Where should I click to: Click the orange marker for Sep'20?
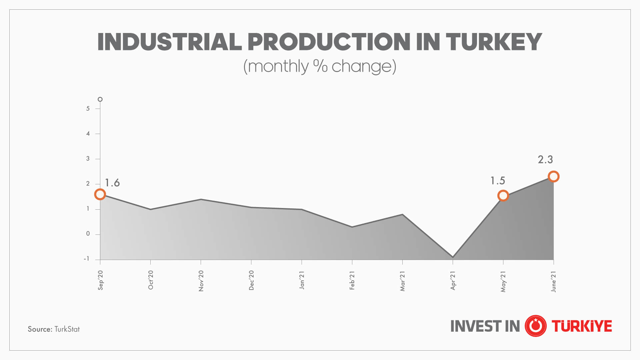coord(100,194)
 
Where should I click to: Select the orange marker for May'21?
coord(503,196)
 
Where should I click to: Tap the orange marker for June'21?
coord(553,176)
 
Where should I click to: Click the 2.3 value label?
coord(545,160)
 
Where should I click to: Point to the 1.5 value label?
coord(498,181)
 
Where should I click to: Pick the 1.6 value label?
coord(112,183)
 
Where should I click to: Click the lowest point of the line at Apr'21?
coord(453,257)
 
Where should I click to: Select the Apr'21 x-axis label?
coord(453,280)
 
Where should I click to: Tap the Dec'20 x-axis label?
coord(251,280)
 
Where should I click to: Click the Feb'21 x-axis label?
coord(352,280)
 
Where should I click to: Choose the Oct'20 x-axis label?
coord(151,280)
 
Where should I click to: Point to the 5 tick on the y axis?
coord(88,109)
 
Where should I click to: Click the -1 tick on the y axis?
coord(87,259)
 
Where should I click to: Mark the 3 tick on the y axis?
coord(88,159)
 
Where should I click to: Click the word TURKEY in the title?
coord(494,42)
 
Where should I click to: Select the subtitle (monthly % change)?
coord(320,66)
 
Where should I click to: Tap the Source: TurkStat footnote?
coord(54,329)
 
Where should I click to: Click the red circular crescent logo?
coord(535,326)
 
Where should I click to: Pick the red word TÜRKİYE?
coord(582,326)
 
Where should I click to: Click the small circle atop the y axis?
coord(100,99)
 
